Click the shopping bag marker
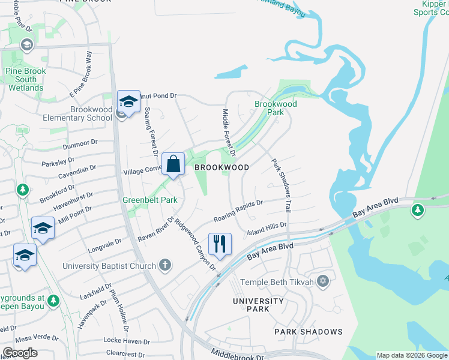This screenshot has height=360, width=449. click(173, 164)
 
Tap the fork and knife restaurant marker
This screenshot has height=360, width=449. click(219, 244)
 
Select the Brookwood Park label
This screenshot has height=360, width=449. click(276, 108)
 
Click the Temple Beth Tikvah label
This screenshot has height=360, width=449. click(277, 282)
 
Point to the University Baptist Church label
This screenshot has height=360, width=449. click(110, 265)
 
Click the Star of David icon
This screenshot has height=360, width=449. click(323, 281)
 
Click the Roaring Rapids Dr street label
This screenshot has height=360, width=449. click(238, 211)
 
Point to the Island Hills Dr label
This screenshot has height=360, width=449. click(267, 228)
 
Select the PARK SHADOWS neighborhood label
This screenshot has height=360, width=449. click(309, 332)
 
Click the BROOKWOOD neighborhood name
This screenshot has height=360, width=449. click(221, 168)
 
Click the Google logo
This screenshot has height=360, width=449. click(20, 353)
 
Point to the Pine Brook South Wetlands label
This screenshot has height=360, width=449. click(26, 79)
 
